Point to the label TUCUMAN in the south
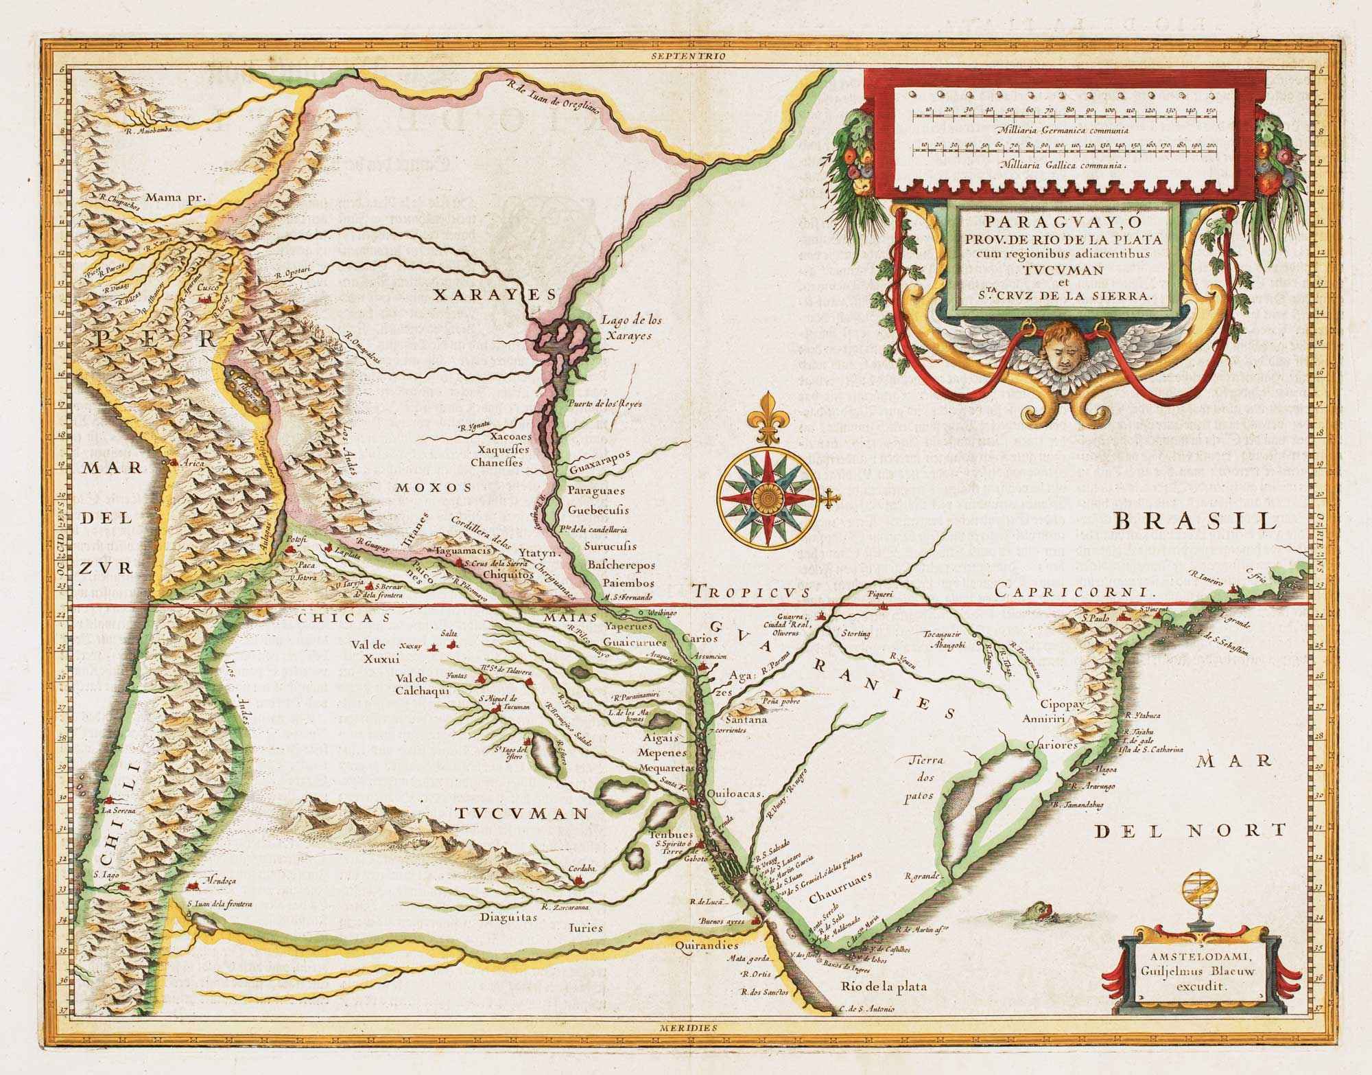click(x=521, y=813)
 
